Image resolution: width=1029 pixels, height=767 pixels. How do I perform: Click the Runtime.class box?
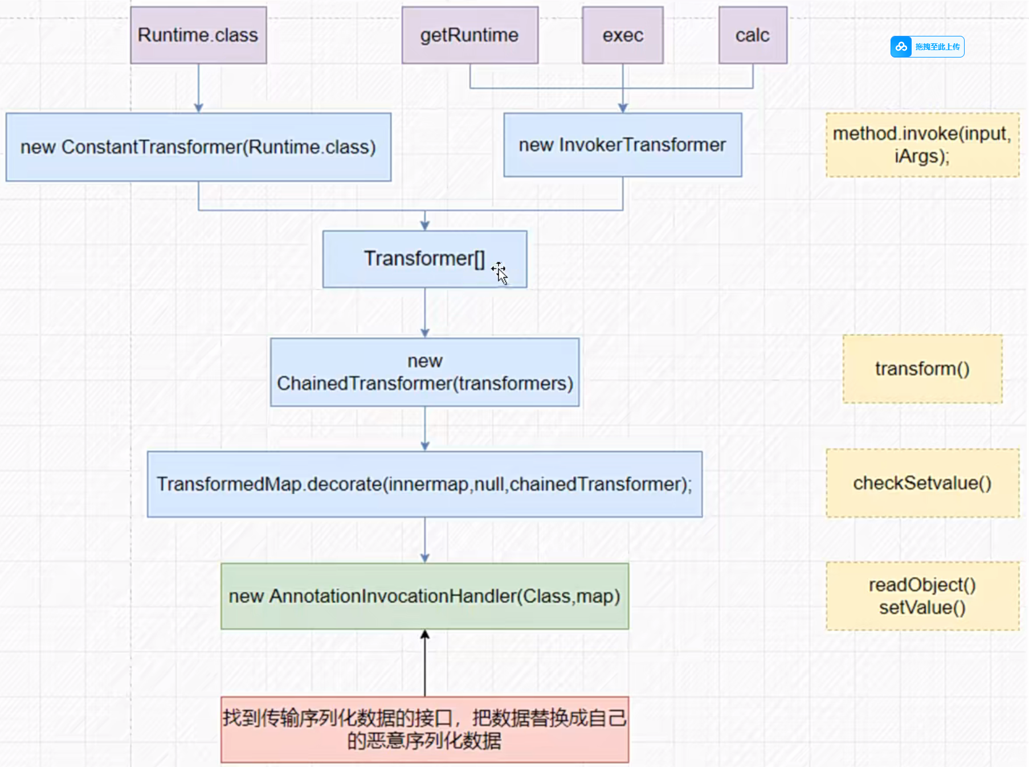(x=198, y=35)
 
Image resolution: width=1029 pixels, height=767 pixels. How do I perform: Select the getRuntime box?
(x=469, y=35)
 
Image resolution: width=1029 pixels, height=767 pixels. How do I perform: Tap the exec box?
(x=622, y=35)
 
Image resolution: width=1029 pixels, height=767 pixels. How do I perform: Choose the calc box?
(x=752, y=35)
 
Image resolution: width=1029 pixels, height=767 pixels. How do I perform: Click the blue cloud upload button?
(x=927, y=47)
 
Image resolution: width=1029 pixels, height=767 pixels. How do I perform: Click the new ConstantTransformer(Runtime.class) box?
(x=198, y=147)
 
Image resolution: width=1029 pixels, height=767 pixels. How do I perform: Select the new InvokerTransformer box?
(x=622, y=145)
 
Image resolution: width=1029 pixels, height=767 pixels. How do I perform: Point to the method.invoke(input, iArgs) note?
(x=922, y=145)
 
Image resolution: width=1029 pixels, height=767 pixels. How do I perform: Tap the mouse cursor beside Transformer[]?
(x=500, y=273)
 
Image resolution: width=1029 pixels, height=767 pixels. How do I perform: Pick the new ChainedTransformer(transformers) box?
(x=424, y=372)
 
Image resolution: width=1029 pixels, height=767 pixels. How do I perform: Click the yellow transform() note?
(x=922, y=369)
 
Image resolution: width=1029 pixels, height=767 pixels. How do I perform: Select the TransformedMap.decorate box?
(x=424, y=484)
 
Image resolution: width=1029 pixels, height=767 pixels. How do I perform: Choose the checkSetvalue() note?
(x=922, y=483)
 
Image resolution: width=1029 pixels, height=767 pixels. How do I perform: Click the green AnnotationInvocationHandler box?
(x=424, y=596)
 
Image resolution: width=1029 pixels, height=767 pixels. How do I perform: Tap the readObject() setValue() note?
(x=922, y=596)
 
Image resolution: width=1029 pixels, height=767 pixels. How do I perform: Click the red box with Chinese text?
(x=424, y=729)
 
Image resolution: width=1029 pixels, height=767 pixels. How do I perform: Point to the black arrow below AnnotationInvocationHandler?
(x=424, y=663)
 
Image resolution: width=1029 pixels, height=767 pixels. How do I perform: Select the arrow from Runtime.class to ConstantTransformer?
(x=198, y=88)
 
